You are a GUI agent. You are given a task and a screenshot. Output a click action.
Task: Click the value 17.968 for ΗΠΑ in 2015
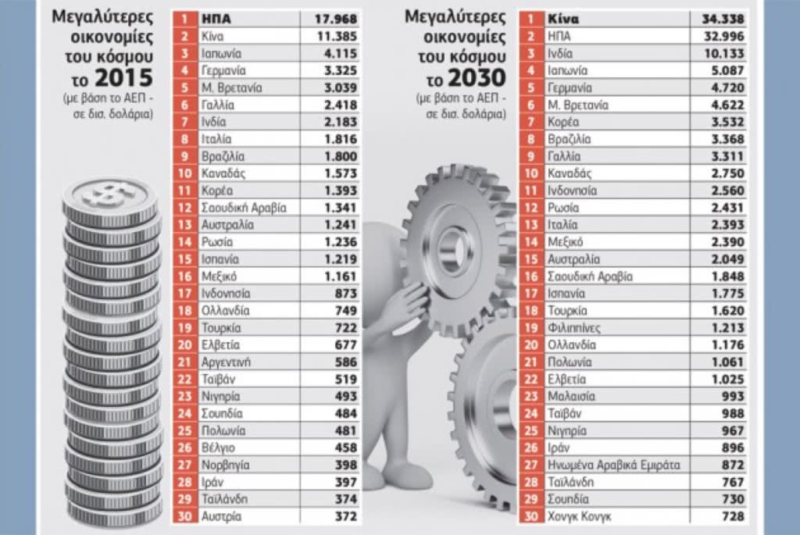[336, 19]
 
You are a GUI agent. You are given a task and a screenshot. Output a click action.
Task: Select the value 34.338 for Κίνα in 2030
[723, 19]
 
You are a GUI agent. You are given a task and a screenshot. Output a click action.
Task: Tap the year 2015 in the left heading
[124, 77]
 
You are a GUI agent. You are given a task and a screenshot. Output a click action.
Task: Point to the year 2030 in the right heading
[477, 77]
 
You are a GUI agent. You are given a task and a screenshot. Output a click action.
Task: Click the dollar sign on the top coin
[108, 194]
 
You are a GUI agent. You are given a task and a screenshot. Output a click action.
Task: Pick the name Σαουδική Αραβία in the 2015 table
[244, 208]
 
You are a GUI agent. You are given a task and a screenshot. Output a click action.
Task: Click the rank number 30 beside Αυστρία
[184, 516]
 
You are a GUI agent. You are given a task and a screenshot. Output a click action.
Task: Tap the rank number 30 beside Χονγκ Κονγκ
[531, 516]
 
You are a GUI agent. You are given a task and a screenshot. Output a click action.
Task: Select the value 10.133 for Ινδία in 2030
[723, 54]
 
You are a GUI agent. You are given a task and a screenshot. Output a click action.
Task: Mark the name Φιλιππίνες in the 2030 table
[574, 328]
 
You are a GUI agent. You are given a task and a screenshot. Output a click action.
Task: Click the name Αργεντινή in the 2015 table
[226, 362]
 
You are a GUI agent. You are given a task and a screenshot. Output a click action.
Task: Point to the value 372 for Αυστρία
[346, 516]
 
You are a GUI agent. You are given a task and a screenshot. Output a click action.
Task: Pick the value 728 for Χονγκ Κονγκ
[734, 516]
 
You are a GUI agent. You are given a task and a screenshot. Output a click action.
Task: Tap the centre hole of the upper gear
[452, 249]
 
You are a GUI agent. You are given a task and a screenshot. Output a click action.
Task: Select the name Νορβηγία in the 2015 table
[226, 465]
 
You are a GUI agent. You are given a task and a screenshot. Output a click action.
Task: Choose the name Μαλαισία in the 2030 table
[571, 396]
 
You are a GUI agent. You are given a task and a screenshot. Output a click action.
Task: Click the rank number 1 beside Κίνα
[530, 19]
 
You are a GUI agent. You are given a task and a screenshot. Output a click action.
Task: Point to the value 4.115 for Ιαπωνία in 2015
[341, 54]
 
